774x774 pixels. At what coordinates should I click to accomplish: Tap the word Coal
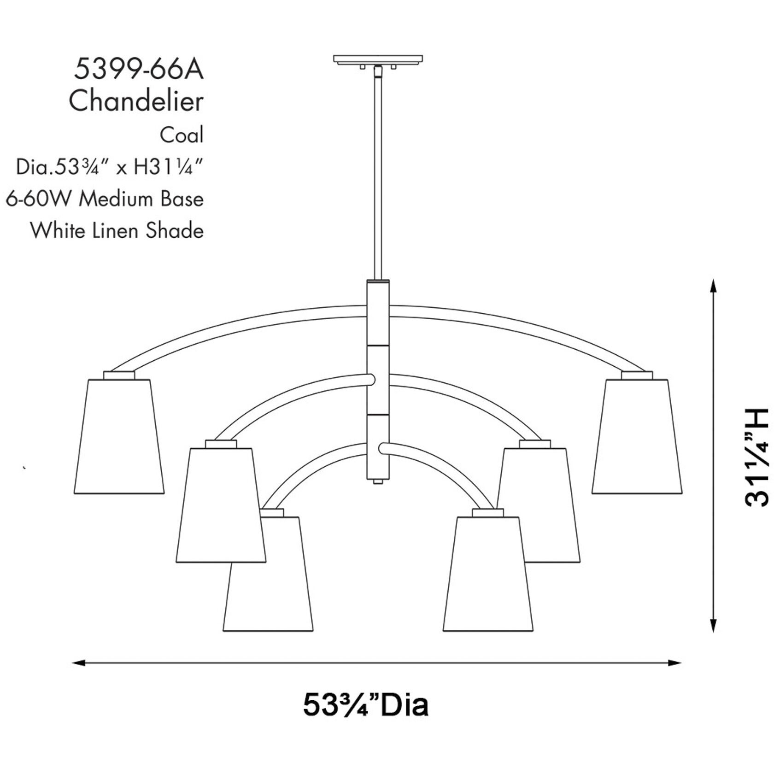tap(182, 135)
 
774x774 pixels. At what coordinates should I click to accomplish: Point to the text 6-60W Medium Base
tap(105, 199)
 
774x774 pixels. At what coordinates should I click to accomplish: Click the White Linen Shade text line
tap(117, 230)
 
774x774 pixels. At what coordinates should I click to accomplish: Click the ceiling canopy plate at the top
tap(378, 60)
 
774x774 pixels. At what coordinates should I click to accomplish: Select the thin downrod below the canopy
tap(378, 175)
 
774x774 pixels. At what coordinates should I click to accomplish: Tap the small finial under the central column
tap(378, 481)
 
